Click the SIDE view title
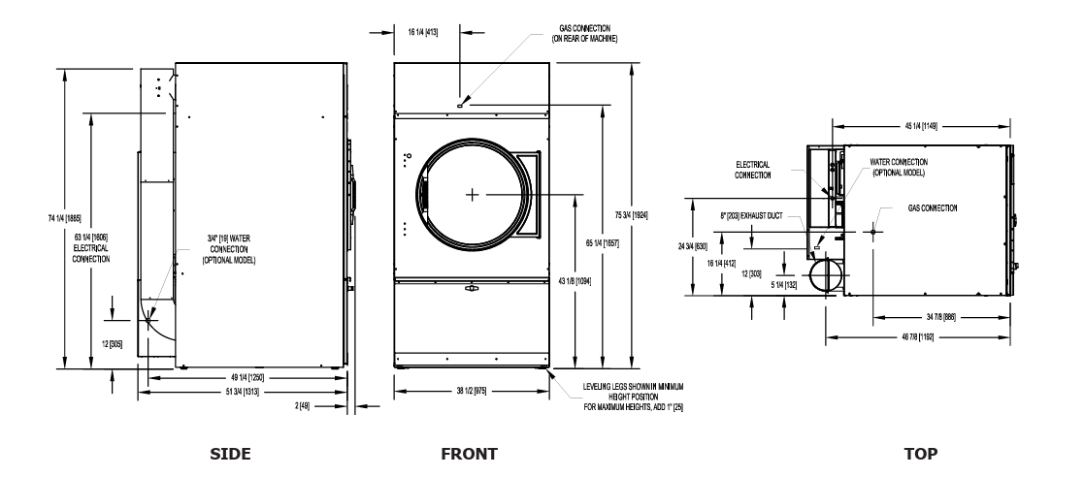230,454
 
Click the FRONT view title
469,454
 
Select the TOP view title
921,454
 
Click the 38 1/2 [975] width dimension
472,391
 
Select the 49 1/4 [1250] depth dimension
247,377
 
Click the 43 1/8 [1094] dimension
575,281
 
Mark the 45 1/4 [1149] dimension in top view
922,126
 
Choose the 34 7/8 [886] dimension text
940,317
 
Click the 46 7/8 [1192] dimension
919,336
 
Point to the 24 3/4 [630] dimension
692,245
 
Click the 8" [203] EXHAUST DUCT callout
751,216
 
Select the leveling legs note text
634,397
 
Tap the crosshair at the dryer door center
473,195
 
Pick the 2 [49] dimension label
303,406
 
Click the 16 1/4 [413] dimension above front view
423,32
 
